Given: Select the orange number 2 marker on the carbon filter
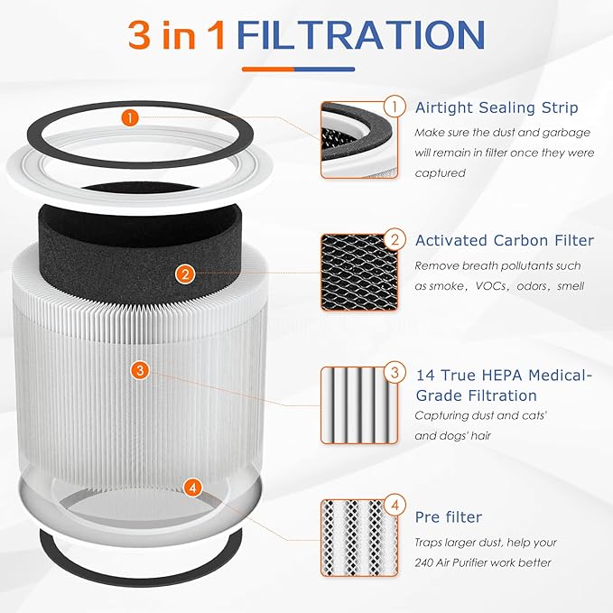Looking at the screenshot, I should pos(184,274).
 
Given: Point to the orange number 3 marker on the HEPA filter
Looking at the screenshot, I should pos(139,370).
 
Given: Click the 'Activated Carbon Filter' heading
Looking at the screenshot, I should pos(504,240).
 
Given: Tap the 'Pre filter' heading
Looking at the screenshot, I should pos(449,517).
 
